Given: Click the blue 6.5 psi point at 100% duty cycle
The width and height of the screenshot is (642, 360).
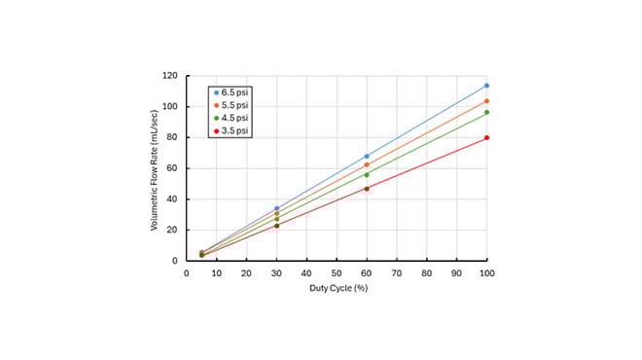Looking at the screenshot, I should pos(486,86).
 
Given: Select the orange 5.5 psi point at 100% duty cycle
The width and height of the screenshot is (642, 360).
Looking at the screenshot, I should pos(486,101).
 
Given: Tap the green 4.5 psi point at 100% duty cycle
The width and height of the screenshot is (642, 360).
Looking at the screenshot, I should pos(486,112).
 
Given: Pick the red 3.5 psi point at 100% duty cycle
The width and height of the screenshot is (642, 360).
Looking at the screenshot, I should pos(486,137).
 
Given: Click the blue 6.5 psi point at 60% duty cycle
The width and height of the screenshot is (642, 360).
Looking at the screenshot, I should pos(367,156).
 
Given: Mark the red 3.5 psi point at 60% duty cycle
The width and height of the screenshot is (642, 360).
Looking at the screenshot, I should pos(367,189).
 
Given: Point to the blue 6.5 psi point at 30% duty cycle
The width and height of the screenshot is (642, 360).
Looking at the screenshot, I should pos(276,208).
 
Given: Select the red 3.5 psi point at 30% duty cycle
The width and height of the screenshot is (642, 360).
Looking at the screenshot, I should pos(276,226).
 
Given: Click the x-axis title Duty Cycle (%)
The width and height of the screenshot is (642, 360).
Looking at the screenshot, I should pos(337,289).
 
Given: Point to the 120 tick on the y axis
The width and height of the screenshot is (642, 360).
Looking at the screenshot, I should pos(169,76).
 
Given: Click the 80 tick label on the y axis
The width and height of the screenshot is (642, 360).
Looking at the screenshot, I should pos(172,137).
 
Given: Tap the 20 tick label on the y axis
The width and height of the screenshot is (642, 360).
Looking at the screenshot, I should pos(172,230).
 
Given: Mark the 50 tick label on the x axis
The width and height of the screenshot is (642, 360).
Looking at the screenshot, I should pos(337,273).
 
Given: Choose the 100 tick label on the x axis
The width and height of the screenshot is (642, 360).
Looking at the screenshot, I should pos(486,273).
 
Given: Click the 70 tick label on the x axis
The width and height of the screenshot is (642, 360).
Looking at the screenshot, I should pos(397,273).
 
